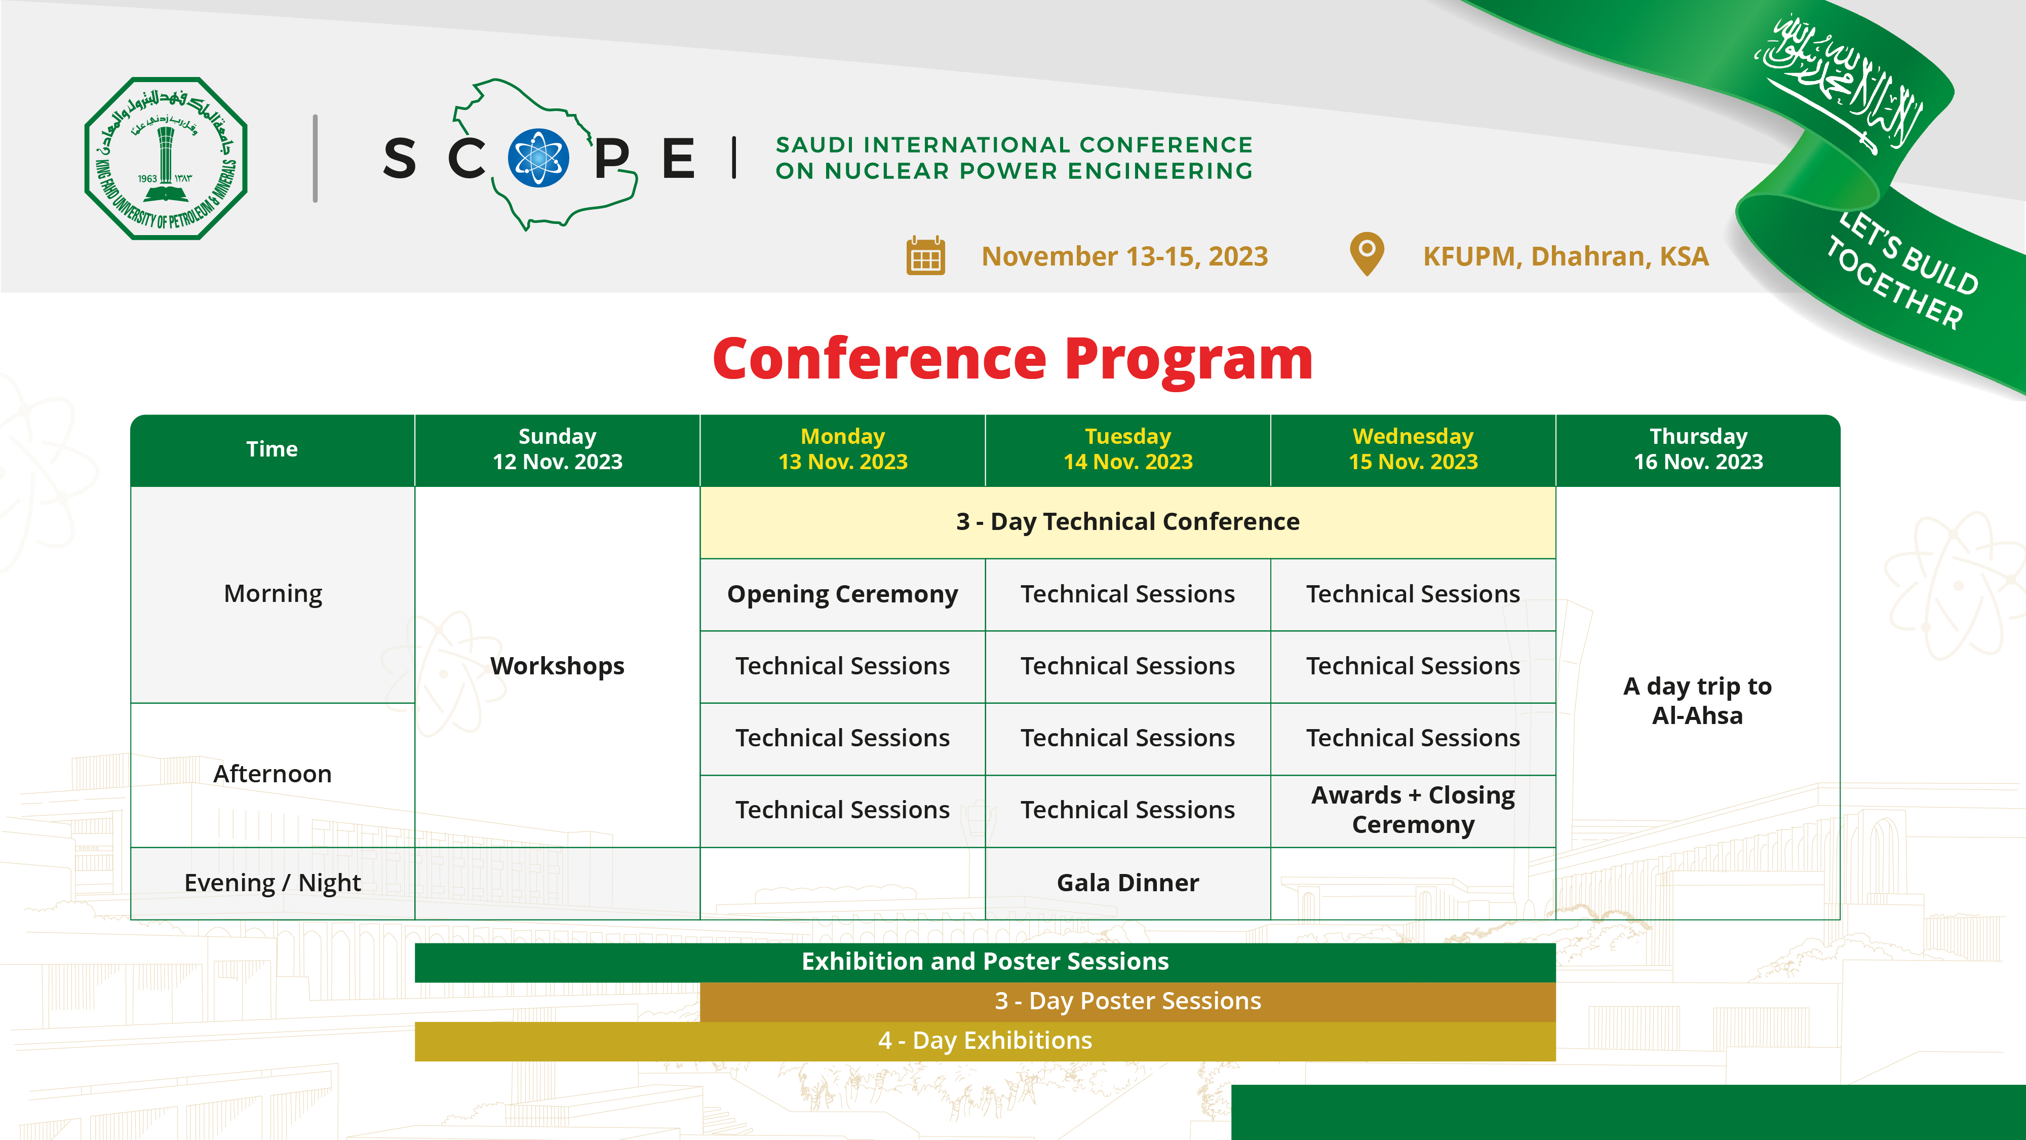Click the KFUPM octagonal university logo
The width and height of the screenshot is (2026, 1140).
[x=166, y=158]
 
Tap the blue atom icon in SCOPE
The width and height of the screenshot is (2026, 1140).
[x=539, y=158]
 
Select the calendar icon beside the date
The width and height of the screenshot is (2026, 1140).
[x=926, y=256]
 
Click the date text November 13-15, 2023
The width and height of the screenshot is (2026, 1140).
[x=1124, y=256]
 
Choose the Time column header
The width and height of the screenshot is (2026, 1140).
[x=272, y=449]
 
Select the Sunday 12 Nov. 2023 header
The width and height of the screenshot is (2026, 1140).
[x=558, y=449]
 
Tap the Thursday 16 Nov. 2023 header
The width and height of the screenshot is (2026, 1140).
[x=1698, y=449]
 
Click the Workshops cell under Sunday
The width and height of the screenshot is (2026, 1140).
[x=558, y=666]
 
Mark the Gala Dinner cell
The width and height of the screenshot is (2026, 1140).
[x=1128, y=883]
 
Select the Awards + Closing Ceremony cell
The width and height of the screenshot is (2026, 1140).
[x=1413, y=810]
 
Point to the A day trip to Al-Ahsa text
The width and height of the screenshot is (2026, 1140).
[x=1697, y=701]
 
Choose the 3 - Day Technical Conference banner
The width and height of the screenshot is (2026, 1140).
[x=1128, y=522]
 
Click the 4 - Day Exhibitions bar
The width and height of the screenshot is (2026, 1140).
[x=985, y=1041]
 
